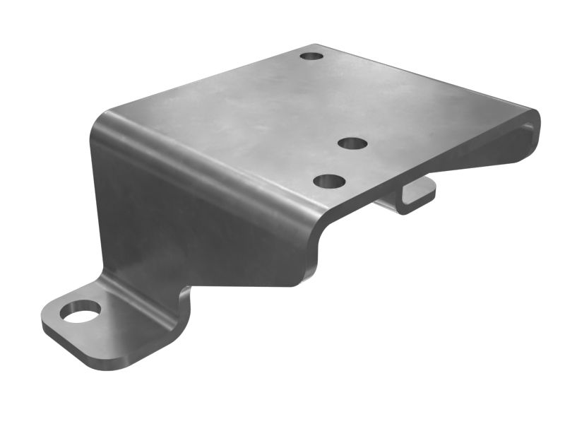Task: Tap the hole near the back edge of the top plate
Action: [x=311, y=55]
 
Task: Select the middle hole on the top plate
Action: [x=352, y=143]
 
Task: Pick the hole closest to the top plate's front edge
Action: [x=329, y=182]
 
